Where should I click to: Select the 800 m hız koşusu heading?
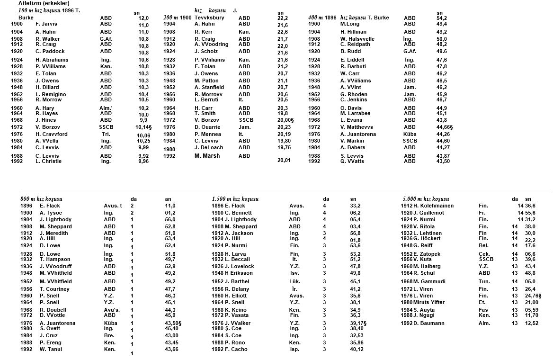pyautogui.click(x=42, y=199)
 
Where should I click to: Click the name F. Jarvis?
pyautogui.click(x=46, y=24)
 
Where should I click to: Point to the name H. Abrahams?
pyautogui.click(x=52, y=60)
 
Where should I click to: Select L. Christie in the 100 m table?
pyautogui.click(x=49, y=162)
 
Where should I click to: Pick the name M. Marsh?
pyautogui.click(x=207, y=156)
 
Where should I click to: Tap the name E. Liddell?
pyautogui.click(x=353, y=60)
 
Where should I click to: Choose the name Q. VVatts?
pyautogui.click(x=353, y=162)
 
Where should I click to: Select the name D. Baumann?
pyautogui.click(x=430, y=324)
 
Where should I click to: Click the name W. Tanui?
pyautogui.click(x=51, y=350)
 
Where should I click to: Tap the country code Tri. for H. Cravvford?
pyautogui.click(x=106, y=134)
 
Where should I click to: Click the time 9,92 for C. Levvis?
pyautogui.click(x=143, y=156)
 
